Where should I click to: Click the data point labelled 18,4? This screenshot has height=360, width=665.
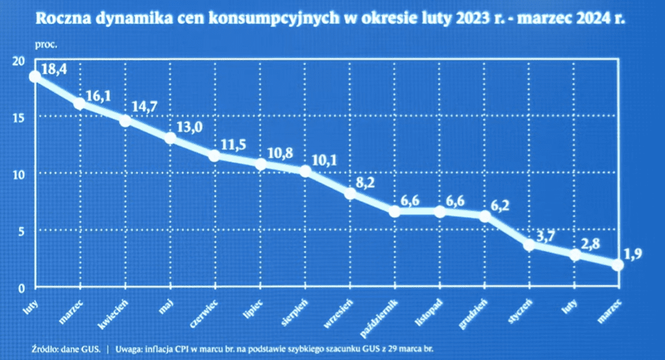click(35, 77)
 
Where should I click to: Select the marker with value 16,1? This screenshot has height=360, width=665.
click(80, 103)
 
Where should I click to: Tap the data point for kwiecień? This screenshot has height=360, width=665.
click(125, 121)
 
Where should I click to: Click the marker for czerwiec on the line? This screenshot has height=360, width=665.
click(215, 156)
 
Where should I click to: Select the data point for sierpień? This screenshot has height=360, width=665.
click(305, 172)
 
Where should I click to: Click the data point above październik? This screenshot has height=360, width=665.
click(395, 212)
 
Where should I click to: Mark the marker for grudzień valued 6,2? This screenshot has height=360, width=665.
click(484, 216)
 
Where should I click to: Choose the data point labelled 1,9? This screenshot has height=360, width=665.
click(618, 265)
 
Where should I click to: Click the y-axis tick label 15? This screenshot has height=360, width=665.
click(18, 118)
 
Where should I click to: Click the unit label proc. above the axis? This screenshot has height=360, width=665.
click(46, 45)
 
